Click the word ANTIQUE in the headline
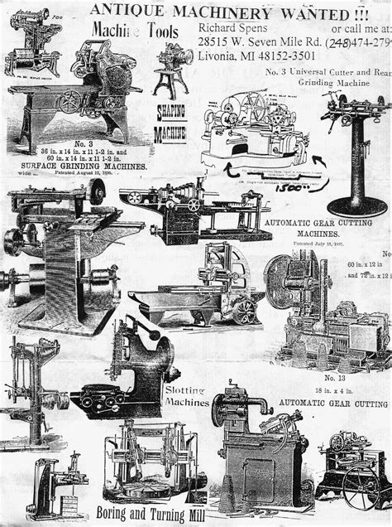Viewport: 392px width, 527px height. [x=119, y=9]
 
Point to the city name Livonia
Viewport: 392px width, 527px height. [x=222, y=56]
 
